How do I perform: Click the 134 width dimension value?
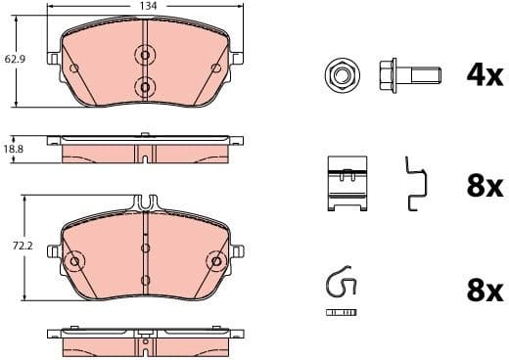[146, 6]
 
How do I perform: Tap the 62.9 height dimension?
[14, 60]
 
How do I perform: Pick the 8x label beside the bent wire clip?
[484, 186]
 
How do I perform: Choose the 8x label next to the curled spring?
[484, 291]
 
